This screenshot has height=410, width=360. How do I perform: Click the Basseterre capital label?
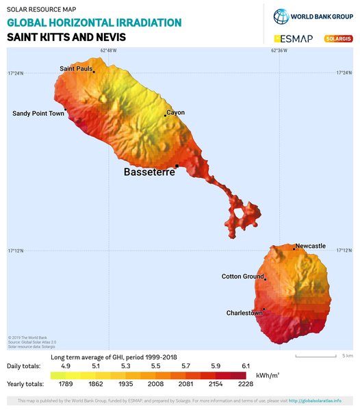click(x=149, y=172)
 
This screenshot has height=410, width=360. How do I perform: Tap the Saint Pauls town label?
click(x=76, y=68)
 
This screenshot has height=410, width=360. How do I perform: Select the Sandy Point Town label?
click(x=38, y=114)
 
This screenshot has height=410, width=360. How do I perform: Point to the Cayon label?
click(x=176, y=113)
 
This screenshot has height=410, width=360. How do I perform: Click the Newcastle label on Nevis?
click(x=311, y=246)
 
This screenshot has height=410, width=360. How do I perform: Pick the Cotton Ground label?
click(x=242, y=277)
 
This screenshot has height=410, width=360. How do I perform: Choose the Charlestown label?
click(x=244, y=313)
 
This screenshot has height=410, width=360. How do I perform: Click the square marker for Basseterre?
click(x=177, y=166)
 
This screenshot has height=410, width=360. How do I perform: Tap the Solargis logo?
click(x=337, y=39)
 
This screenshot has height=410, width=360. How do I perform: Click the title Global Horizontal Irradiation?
click(x=94, y=23)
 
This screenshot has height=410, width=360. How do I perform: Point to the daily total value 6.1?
click(x=245, y=366)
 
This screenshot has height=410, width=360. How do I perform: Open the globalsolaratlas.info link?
click(x=315, y=400)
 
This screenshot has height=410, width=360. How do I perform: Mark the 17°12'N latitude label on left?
click(x=15, y=251)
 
